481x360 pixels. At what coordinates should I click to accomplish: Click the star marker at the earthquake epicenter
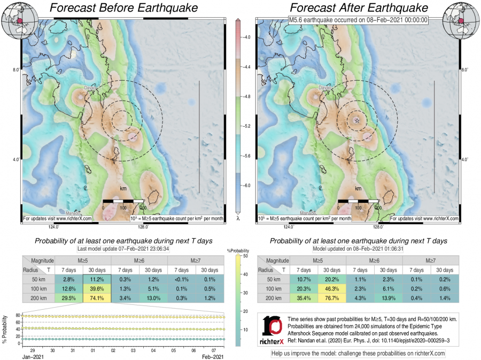click(356, 120)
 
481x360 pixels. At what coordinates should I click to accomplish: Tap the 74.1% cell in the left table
click(97, 298)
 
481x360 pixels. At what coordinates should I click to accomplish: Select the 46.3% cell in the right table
click(332, 289)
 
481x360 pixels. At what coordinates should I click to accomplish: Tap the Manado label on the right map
click(307, 213)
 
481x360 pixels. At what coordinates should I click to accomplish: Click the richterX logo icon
click(272, 328)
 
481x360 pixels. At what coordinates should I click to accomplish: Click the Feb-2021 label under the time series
click(212, 355)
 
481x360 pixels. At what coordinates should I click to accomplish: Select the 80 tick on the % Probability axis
click(18, 316)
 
